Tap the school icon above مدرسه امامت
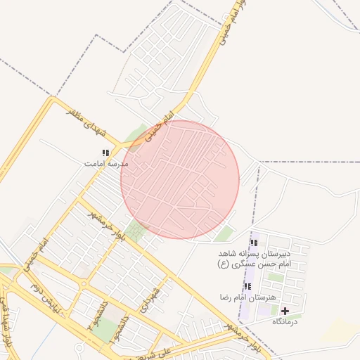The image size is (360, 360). click(106, 153)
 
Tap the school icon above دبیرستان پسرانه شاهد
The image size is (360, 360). click(254, 243)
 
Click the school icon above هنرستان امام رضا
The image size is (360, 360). click(247, 287)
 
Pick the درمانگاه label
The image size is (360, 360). click(285, 321)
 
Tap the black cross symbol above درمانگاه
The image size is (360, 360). click(285, 311)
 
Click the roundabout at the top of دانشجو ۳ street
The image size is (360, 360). click(84, 285)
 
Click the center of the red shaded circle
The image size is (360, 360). click(180, 179)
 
